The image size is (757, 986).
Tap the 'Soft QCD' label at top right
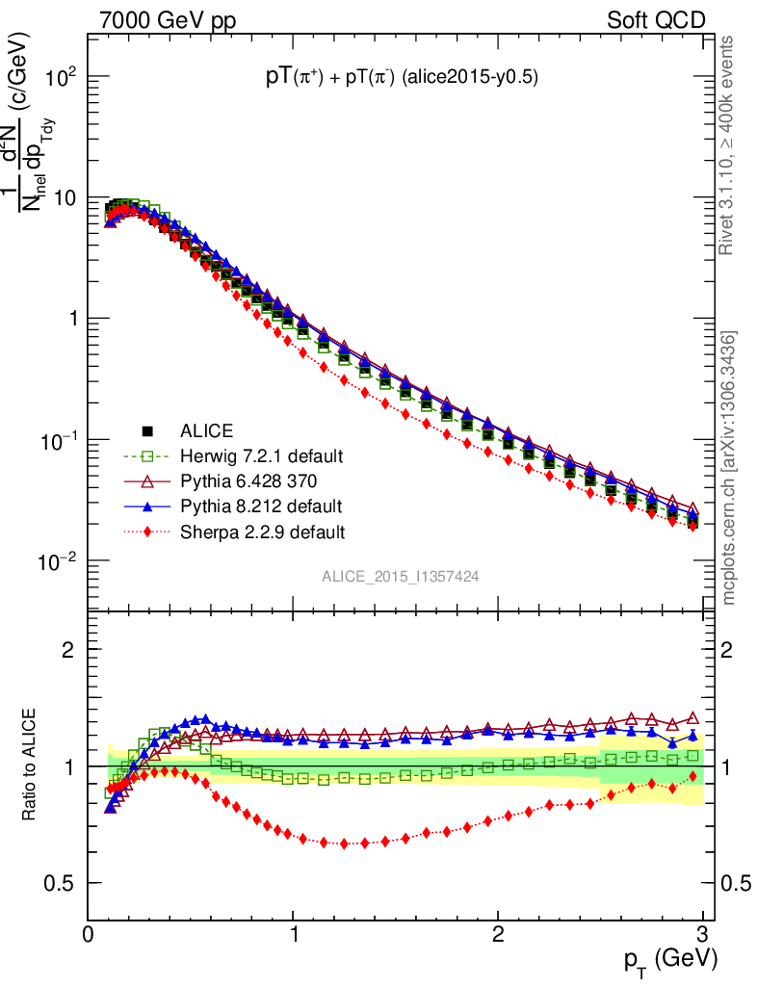(x=655, y=20)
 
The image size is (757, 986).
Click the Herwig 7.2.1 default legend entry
(x=261, y=455)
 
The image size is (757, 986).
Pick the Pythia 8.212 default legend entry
(x=260, y=506)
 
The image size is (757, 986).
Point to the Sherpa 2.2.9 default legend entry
(x=263, y=531)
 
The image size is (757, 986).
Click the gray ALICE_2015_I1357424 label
(x=401, y=577)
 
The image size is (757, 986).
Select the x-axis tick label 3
(x=702, y=933)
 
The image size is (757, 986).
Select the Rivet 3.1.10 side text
(x=729, y=144)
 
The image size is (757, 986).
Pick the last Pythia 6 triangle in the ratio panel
(x=693, y=718)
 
